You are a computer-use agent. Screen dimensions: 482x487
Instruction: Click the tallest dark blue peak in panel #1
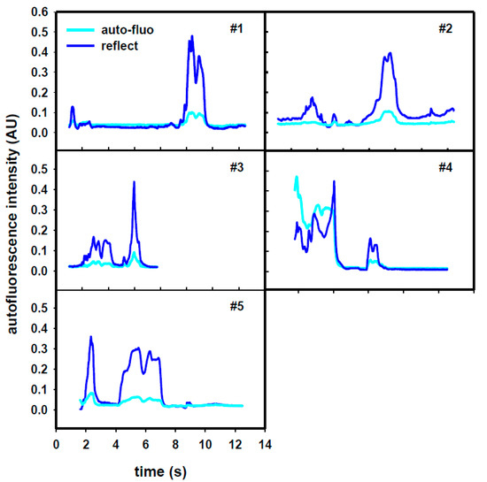tap(192, 37)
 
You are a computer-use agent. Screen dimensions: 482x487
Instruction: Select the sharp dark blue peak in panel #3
tap(134, 182)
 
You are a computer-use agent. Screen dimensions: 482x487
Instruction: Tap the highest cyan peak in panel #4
tap(297, 177)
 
